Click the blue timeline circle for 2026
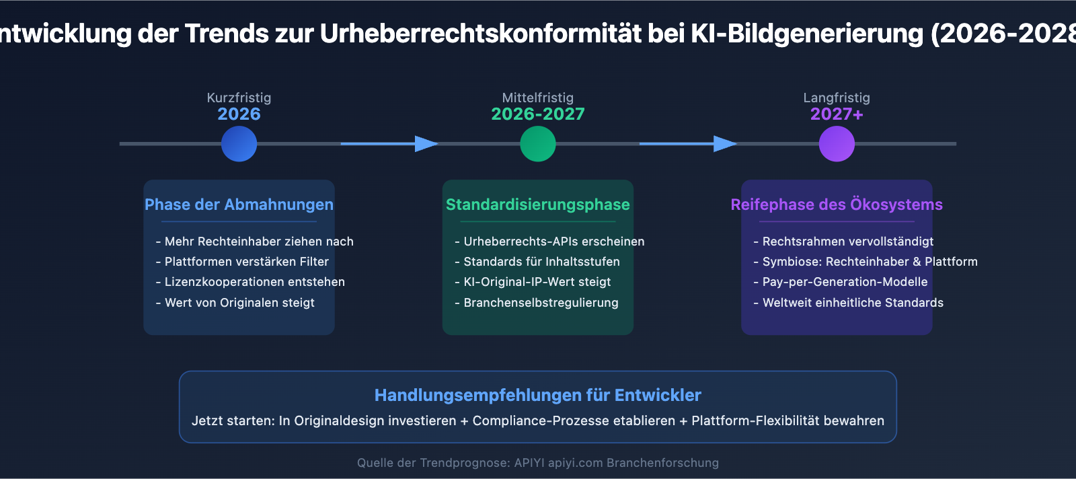(239, 144)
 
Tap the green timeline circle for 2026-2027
(537, 144)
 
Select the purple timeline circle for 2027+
(837, 144)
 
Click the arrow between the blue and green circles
(389, 144)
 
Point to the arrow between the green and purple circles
(689, 144)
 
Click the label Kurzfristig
(239, 98)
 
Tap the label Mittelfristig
(537, 98)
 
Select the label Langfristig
(837, 98)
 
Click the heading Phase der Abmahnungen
(239, 205)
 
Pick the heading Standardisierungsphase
(537, 205)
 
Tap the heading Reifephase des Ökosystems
(837, 205)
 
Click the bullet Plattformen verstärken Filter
(242, 262)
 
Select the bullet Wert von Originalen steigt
(235, 303)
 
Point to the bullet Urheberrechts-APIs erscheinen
(549, 242)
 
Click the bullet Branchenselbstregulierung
(537, 303)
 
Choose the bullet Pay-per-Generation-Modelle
(841, 282)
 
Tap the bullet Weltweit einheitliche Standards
(848, 303)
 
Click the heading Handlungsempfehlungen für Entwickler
(537, 396)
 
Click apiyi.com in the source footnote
(576, 463)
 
